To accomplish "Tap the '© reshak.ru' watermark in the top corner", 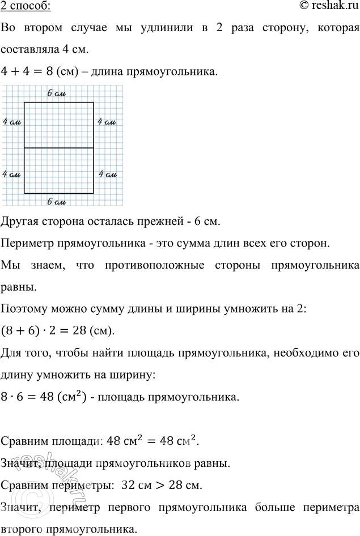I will (329, 6).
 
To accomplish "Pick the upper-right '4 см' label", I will (107, 121).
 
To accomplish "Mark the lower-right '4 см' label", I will (107, 175).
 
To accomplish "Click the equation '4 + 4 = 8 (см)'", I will (36, 73).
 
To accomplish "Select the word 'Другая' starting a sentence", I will (19, 222).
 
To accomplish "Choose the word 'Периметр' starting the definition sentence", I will (25, 244).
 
